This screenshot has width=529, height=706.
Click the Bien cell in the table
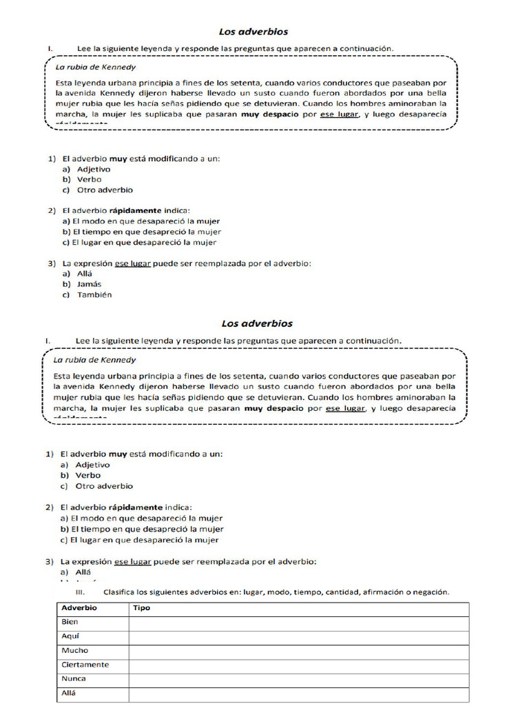click(x=70, y=622)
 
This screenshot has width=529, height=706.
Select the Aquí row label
click(x=70, y=636)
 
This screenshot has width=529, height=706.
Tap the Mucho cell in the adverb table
click(x=74, y=650)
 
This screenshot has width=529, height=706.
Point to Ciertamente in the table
click(x=85, y=665)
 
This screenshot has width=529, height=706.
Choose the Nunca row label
click(x=74, y=679)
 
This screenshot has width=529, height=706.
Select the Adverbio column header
click(x=79, y=608)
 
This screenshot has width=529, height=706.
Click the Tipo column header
click(x=141, y=608)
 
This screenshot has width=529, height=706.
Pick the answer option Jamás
click(x=89, y=284)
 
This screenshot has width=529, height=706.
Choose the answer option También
click(x=94, y=295)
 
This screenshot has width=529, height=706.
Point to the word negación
click(x=431, y=592)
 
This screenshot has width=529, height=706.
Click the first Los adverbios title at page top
click(x=253, y=32)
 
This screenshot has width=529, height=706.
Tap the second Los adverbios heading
click(x=257, y=323)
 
